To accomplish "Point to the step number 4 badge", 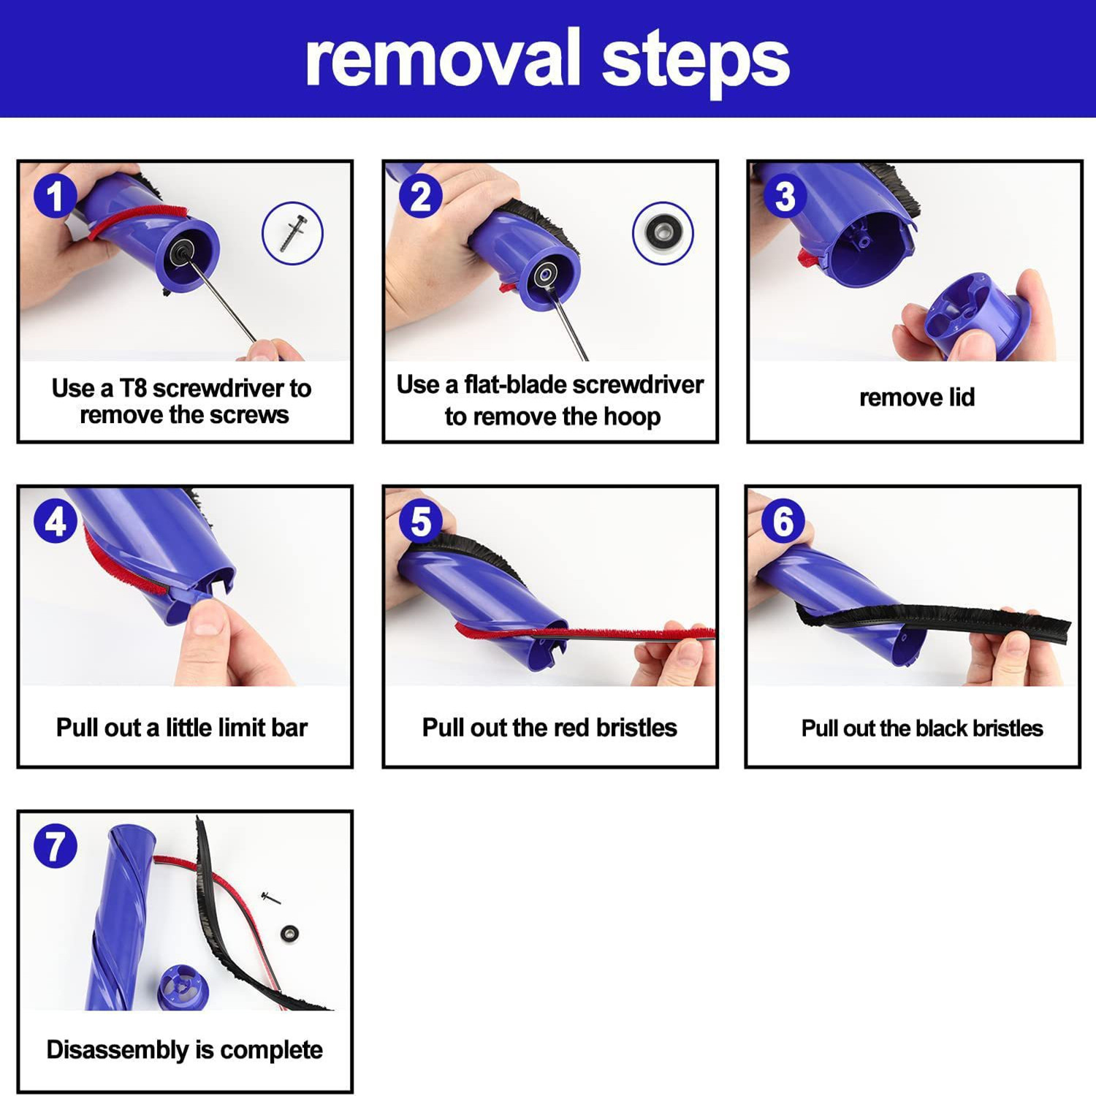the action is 56,522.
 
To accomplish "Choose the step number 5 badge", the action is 421,522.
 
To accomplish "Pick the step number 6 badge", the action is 783,522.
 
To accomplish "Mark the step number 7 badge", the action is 56,846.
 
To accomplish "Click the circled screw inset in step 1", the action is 292,233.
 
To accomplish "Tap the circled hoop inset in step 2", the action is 663,233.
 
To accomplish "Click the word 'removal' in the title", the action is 442,58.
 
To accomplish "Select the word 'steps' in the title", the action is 696,63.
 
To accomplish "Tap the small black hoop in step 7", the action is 290,933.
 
